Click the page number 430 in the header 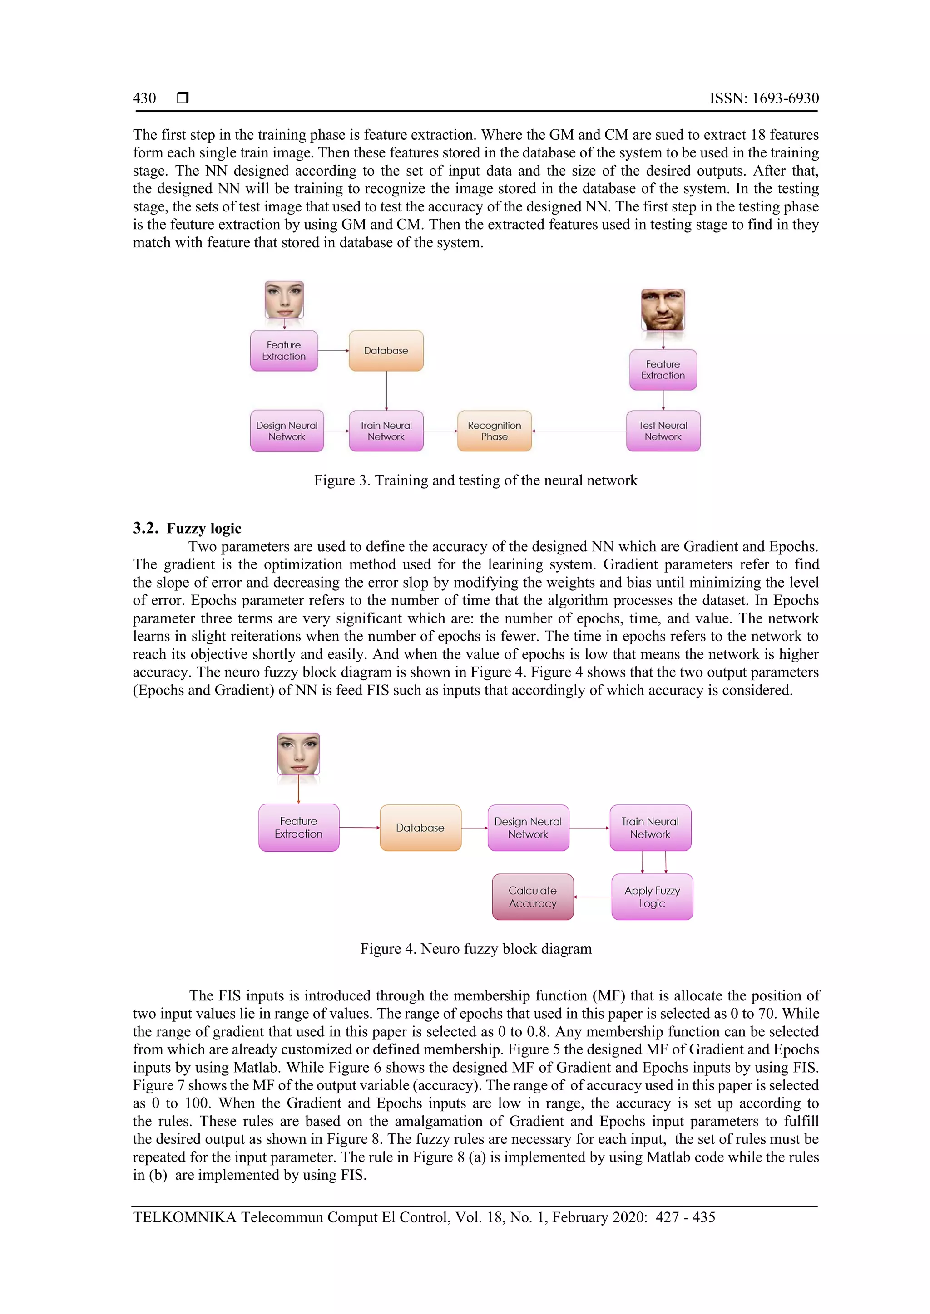coord(144,98)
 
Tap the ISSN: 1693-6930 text coord(763,98)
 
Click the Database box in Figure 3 coord(386,351)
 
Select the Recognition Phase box coord(494,431)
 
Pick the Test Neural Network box coord(663,431)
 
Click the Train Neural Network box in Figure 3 coord(386,431)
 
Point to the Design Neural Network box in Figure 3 coord(287,431)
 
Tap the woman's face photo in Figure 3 coord(284,299)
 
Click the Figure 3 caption coord(475,480)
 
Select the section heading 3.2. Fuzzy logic coord(187,528)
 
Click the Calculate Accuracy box coord(533,897)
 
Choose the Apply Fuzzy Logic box coord(652,897)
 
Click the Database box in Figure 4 coord(420,828)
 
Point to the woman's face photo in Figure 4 coord(298,753)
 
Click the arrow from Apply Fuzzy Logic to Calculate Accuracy coord(592,897)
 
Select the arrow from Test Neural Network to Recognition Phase coord(579,431)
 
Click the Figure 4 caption coord(475,949)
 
